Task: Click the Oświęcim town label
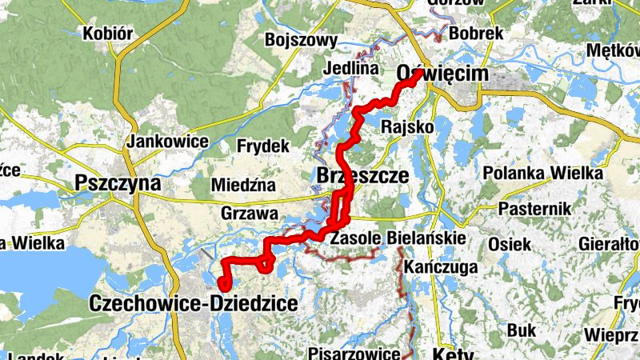click(x=442, y=74)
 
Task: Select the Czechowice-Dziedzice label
click(x=194, y=304)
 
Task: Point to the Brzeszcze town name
click(x=363, y=174)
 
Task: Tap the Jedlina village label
click(x=350, y=69)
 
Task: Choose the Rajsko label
click(x=408, y=126)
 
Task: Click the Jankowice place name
click(x=167, y=142)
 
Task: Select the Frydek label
click(x=262, y=146)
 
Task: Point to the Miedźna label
click(x=243, y=186)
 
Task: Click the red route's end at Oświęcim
click(x=419, y=73)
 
